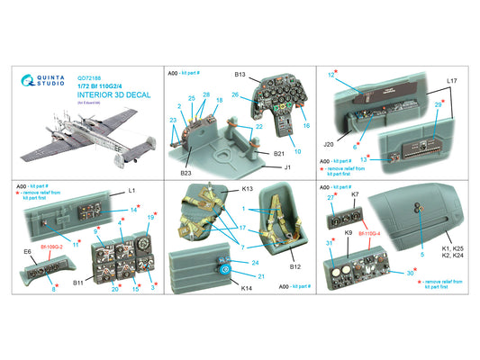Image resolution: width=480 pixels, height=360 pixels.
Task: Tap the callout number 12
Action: coord(331,75)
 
